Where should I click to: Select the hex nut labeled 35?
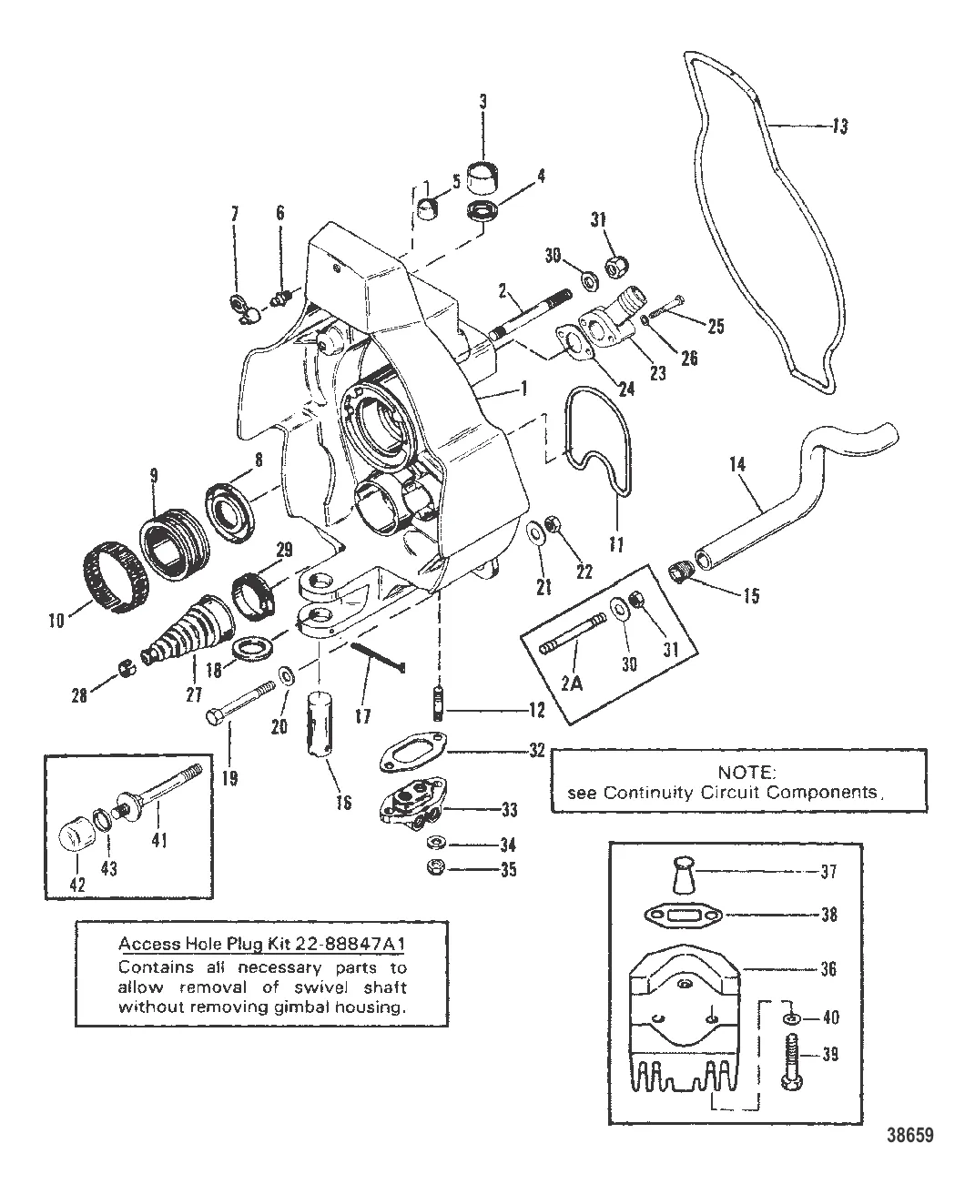pyautogui.click(x=436, y=869)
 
